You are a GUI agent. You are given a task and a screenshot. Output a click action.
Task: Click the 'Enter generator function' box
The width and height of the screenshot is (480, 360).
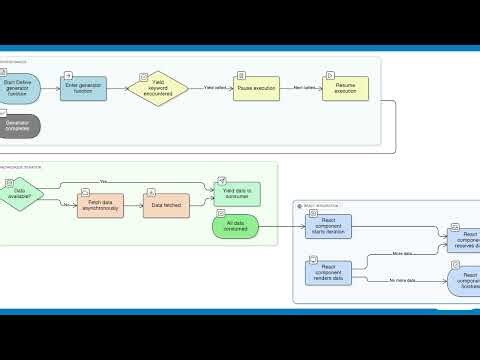[84, 89]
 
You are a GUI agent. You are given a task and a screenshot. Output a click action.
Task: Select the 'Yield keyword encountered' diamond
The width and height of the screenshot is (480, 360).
[158, 89]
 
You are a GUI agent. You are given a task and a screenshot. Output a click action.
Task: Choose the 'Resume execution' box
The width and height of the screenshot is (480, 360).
[345, 88]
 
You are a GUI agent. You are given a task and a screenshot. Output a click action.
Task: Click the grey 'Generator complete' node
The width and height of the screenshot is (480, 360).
[19, 125]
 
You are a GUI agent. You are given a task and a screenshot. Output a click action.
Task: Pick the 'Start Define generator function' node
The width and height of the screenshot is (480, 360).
[19, 89]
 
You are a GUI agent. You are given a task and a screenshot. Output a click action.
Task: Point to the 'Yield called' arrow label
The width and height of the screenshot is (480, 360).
[214, 88]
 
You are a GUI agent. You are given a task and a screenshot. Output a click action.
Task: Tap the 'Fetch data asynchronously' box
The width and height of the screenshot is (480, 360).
[100, 205]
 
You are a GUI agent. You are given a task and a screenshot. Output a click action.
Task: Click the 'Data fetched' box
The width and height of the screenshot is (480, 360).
[165, 205]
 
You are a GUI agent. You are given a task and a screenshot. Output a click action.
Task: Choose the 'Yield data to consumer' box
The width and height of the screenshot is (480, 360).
[237, 192]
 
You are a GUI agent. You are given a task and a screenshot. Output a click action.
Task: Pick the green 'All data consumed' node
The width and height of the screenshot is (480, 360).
[236, 227]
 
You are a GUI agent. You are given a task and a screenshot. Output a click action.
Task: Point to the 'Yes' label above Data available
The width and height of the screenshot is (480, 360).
[104, 181]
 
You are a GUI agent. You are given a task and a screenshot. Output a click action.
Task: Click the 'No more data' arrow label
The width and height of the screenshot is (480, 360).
[402, 281]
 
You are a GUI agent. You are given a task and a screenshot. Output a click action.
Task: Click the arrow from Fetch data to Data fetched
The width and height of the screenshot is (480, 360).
[134, 205]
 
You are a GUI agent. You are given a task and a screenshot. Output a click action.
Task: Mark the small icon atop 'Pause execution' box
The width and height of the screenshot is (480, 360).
[240, 73]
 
